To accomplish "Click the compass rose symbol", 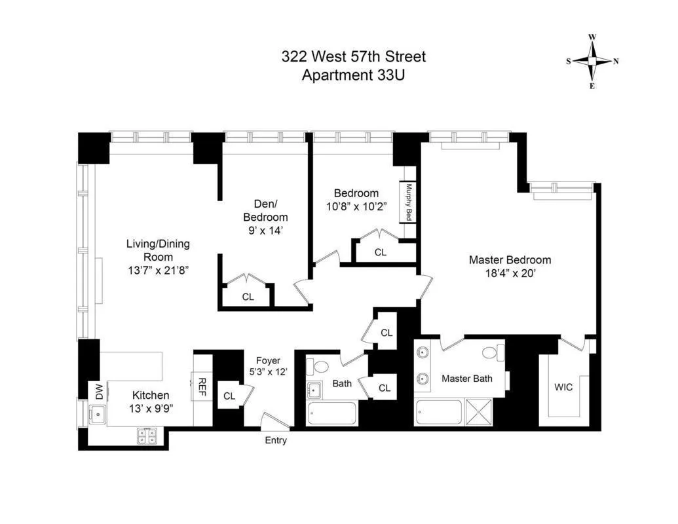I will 592,62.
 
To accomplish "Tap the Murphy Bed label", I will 409,202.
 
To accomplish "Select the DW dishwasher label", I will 100,392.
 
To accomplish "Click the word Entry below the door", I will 276,440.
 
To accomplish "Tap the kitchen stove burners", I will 147,436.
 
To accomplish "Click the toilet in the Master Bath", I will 490,352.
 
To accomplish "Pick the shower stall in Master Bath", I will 483,414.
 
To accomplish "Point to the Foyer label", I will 268,360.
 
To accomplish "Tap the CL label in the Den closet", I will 248,297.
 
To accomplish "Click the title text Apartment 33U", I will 353,75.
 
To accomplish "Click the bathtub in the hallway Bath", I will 331,414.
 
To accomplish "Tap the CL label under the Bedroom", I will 381,252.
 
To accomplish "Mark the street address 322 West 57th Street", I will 353,57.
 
